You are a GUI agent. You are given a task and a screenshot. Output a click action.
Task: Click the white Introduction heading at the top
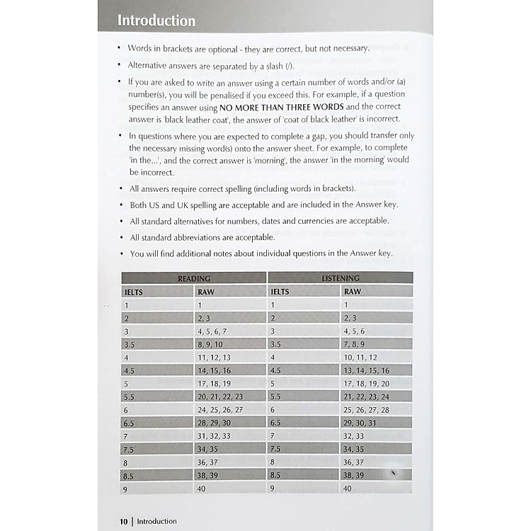click(156, 20)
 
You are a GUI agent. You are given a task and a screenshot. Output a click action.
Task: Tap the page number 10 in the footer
click(123, 521)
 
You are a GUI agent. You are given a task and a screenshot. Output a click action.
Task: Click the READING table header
click(194, 278)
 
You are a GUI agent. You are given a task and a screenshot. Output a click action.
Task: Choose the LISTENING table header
click(341, 278)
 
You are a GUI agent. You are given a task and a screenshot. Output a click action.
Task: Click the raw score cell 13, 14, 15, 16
click(366, 370)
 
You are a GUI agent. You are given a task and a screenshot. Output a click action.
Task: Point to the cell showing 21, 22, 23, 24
click(366, 396)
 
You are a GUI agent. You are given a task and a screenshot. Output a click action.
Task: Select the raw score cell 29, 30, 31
click(360, 423)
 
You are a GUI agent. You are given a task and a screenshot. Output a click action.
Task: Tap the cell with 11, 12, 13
click(215, 358)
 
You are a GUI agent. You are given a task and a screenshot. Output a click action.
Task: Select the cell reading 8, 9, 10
click(210, 344)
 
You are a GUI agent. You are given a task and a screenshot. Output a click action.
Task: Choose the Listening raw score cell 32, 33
click(353, 436)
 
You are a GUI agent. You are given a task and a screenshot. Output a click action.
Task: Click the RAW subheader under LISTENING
click(352, 291)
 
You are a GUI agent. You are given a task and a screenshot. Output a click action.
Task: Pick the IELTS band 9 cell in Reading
click(127, 489)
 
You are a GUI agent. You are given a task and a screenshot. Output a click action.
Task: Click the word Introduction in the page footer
click(156, 521)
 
